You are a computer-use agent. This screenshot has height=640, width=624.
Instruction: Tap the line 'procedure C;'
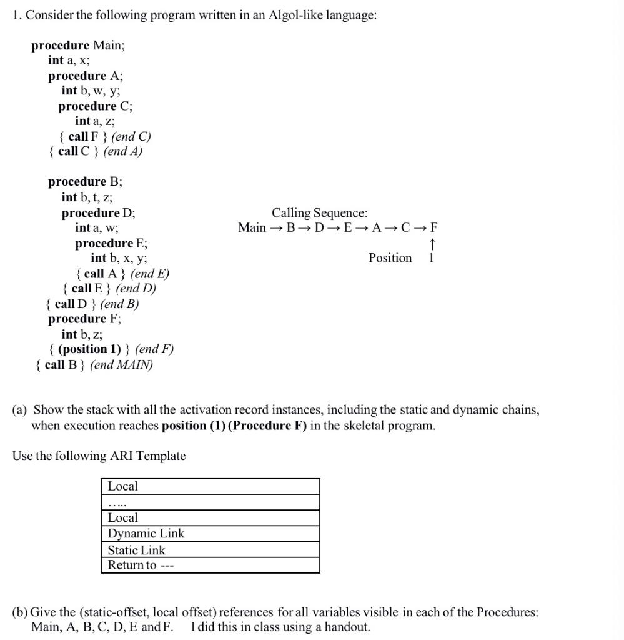(96, 106)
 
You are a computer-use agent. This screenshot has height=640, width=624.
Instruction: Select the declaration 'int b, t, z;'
(87, 197)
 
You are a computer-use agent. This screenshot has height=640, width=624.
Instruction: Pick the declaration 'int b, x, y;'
(119, 258)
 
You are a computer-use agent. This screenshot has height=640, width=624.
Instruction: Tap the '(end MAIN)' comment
(122, 365)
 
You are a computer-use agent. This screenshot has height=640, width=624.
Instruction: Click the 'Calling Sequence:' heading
(319, 213)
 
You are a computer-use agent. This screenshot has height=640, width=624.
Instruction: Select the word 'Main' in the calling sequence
(252, 227)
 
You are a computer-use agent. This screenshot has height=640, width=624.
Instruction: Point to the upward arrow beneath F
(432, 243)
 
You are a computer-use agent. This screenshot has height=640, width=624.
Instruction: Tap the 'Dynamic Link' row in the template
(210, 534)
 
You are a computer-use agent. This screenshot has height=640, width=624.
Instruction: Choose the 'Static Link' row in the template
(210, 550)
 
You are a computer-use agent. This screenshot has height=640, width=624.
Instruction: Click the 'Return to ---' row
(210, 566)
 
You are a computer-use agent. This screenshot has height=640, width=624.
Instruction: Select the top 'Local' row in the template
(210, 486)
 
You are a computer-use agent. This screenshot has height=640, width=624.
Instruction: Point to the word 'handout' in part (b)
(344, 627)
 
